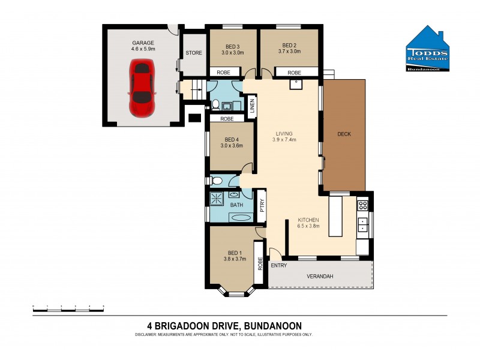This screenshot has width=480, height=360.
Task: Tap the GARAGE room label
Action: (143, 43)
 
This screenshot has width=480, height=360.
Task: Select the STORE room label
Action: (194, 53)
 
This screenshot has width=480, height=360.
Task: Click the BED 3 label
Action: (233, 46)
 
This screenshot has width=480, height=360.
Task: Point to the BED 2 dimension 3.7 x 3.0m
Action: (289, 53)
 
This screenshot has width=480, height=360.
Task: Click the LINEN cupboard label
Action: (252, 106)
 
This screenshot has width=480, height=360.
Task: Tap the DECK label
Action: (344, 134)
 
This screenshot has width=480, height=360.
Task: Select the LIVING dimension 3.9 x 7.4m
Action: (284, 140)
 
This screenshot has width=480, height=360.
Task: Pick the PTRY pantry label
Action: (262, 204)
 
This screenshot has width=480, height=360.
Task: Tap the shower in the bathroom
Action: (215, 198)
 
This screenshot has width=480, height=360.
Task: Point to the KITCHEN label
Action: (308, 220)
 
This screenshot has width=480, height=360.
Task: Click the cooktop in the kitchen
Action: (362, 205)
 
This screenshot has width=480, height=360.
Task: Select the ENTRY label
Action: (278, 265)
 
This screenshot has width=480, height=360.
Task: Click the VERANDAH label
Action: (320, 276)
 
